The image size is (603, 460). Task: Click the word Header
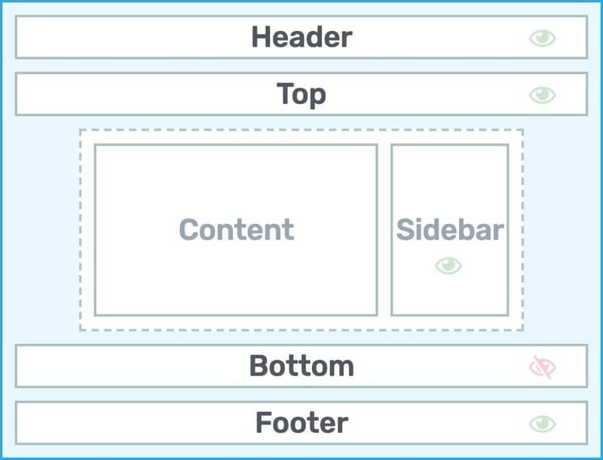click(302, 37)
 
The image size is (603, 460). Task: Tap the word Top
click(301, 94)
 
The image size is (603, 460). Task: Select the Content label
click(237, 229)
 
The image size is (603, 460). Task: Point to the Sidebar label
click(450, 229)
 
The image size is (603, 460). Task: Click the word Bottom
click(301, 366)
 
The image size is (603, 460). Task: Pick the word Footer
click(302, 423)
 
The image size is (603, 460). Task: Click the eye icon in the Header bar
click(542, 38)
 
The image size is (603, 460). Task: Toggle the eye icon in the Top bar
click(542, 95)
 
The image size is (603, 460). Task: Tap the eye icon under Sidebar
click(448, 265)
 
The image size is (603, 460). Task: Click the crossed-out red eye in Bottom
click(542, 367)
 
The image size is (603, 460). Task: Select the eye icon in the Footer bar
click(542, 424)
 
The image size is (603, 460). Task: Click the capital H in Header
click(262, 37)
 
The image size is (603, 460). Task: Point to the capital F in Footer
click(264, 422)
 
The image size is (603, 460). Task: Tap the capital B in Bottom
click(259, 366)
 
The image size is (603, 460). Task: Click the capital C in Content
click(189, 229)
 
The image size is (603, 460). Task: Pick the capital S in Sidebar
click(406, 229)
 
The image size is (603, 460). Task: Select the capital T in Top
click(286, 94)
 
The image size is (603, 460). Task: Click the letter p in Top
click(317, 97)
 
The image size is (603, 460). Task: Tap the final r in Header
click(347, 40)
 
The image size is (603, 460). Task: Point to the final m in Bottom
click(341, 369)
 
